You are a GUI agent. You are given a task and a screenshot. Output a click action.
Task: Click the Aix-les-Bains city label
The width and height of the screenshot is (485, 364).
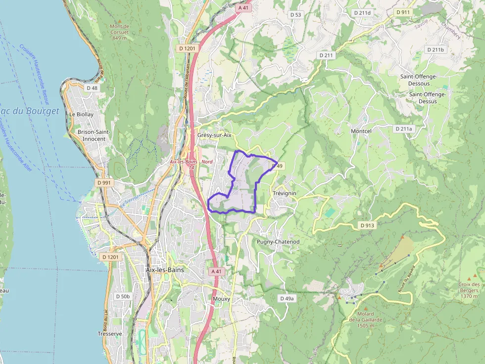click(165, 270)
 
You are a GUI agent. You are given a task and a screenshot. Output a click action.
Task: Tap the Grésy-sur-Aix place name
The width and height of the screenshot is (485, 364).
click(214, 135)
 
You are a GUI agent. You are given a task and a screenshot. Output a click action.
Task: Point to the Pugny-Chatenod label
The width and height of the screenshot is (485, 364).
click(278, 242)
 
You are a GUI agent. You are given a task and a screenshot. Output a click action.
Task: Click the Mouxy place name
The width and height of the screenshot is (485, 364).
click(221, 299)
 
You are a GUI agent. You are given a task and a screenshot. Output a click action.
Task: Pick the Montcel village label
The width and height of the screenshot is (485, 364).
click(361, 131)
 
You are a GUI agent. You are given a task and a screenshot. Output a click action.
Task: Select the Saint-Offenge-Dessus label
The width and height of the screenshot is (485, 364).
click(428, 98)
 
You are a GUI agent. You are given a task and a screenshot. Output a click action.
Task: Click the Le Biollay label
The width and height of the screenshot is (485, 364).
click(81, 114)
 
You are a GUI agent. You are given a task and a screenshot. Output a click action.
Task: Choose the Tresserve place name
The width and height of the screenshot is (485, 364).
click(110, 334)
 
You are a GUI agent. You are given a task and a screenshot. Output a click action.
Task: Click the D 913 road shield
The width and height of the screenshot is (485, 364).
click(367, 225)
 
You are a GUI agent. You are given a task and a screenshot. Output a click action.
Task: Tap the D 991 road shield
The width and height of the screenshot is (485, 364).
click(105, 183)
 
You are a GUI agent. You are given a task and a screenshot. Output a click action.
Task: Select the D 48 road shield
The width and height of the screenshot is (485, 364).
click(92, 88)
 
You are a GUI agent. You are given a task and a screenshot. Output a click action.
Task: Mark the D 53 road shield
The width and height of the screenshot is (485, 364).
click(295, 15)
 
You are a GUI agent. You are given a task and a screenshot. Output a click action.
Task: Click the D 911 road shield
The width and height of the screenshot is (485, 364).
click(403, 12)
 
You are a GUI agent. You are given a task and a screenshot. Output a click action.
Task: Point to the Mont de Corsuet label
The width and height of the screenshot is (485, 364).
click(119, 32)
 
